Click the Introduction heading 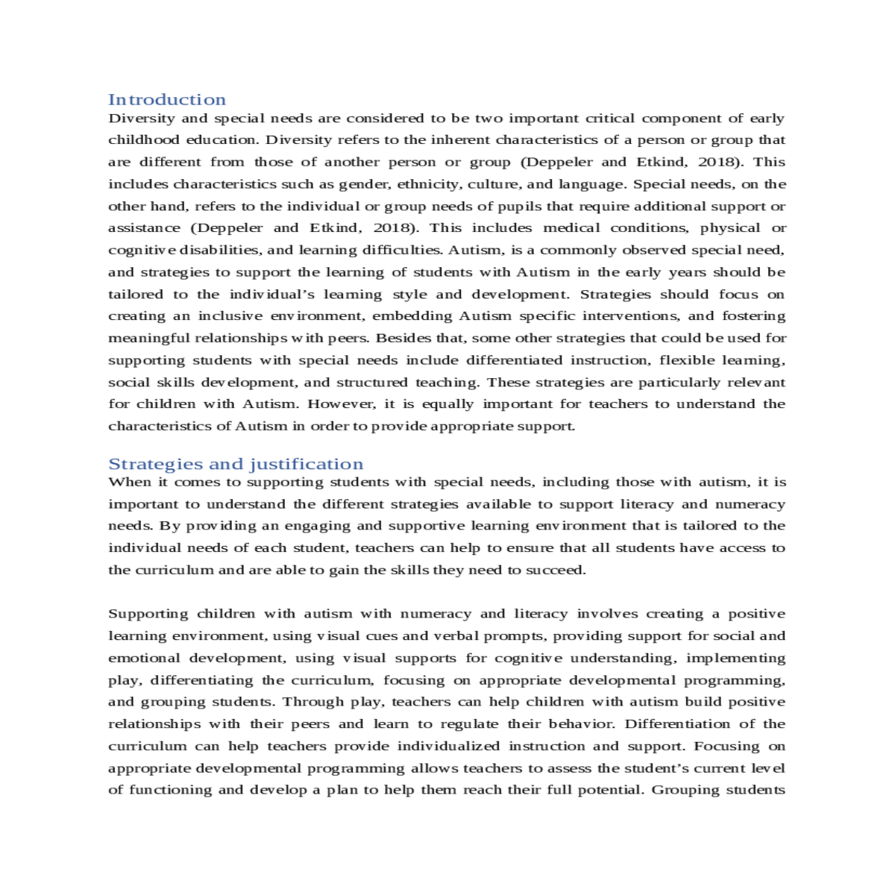coord(166,100)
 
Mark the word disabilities coord(219,251)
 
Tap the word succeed coord(556,571)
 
